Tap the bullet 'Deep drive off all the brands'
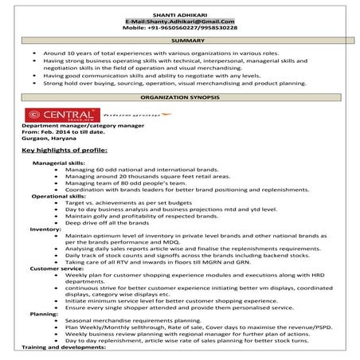pos(104,224)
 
